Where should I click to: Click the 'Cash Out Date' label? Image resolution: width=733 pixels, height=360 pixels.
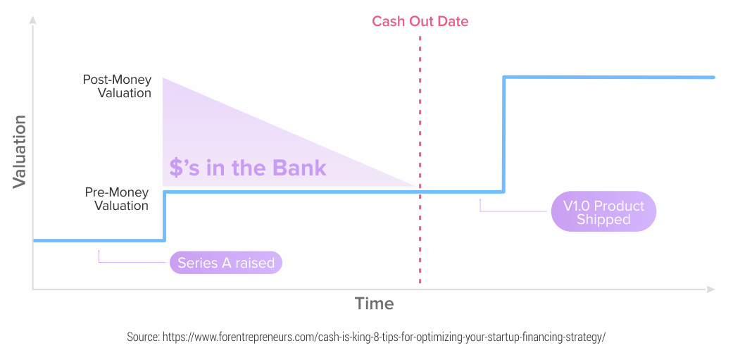[x=420, y=22]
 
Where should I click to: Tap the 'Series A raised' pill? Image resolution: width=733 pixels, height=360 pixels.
[x=226, y=263]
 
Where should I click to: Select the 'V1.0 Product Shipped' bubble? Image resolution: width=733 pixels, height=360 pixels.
[x=603, y=212]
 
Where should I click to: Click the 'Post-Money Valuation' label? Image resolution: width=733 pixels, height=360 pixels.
[x=117, y=86]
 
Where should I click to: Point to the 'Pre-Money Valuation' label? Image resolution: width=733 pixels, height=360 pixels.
[x=116, y=199]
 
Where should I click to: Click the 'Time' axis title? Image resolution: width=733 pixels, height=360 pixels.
[x=374, y=304]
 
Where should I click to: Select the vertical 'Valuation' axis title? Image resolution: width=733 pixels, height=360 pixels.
[x=20, y=151]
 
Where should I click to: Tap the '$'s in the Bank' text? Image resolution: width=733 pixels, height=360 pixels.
[x=248, y=168]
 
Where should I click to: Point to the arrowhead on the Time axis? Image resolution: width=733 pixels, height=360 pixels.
[x=710, y=290]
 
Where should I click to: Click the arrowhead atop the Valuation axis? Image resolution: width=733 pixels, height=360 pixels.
[x=32, y=20]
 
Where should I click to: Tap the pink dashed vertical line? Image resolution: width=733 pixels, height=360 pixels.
[x=420, y=159]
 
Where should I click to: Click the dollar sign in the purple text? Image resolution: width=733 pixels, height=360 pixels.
[x=175, y=168]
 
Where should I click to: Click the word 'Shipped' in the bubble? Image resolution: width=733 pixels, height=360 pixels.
[x=603, y=220]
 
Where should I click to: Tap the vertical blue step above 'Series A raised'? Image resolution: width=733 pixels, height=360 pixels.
[x=165, y=216]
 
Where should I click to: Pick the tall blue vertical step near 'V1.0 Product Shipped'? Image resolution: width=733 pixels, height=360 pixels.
[x=504, y=135]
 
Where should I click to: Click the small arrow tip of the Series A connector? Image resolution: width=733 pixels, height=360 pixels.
[x=99, y=251]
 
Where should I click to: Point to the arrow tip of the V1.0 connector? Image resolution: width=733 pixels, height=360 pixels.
[x=480, y=200]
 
